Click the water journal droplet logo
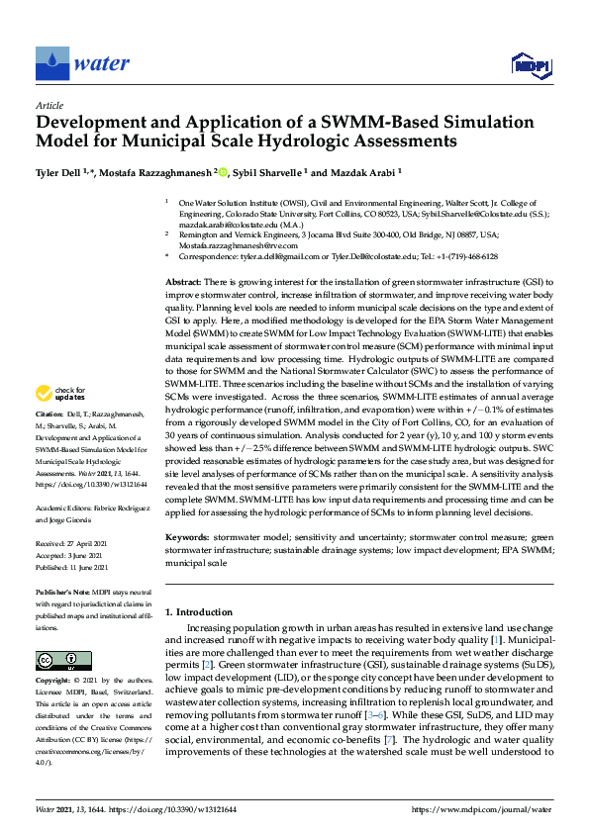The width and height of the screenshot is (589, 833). click(51, 63)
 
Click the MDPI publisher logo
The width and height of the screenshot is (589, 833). click(531, 66)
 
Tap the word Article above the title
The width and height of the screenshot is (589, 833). click(49, 105)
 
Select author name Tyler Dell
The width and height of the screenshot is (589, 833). click(60, 172)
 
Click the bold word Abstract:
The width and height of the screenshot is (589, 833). click(184, 282)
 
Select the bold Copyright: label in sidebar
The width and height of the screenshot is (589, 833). click(53, 682)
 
